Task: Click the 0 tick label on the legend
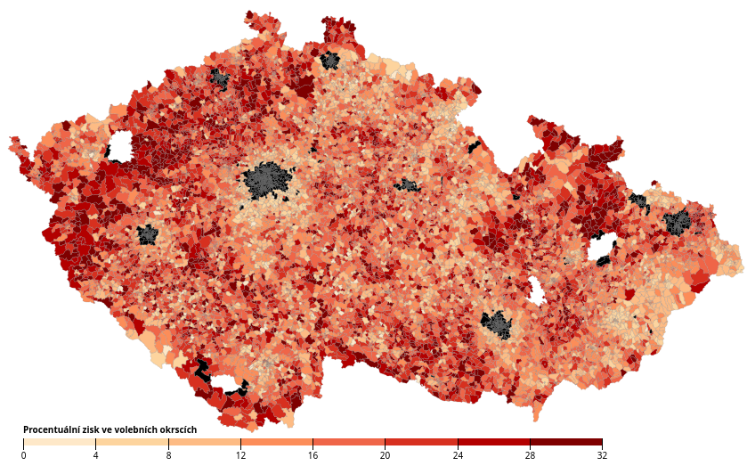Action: (x=23, y=455)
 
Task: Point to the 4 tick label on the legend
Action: (x=95, y=455)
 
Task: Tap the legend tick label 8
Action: (x=168, y=455)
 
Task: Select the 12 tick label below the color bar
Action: (x=240, y=455)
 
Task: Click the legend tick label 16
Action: (x=313, y=455)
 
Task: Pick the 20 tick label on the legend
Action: (x=386, y=455)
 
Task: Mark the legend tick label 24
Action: (x=458, y=455)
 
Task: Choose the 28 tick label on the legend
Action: (x=530, y=455)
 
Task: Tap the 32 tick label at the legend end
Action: (x=603, y=455)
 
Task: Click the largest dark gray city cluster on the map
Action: (x=267, y=181)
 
